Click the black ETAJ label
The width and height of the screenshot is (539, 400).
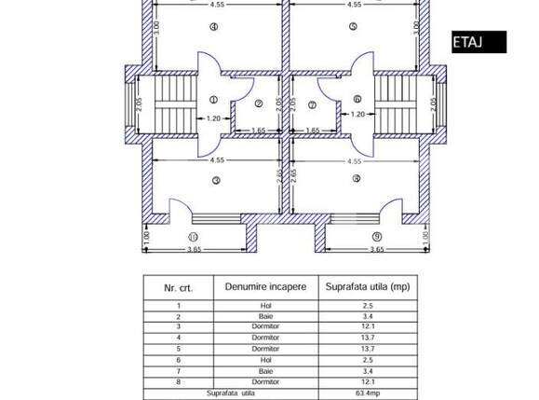[x=478, y=42]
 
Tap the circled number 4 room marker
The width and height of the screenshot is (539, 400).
[x=214, y=27]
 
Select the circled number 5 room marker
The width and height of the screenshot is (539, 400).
[x=354, y=27]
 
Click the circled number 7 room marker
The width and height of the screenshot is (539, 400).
[x=312, y=103]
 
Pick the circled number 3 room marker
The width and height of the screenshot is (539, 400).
[x=215, y=181]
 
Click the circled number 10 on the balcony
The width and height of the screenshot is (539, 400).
[x=193, y=237]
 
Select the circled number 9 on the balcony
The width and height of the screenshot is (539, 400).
[x=377, y=237]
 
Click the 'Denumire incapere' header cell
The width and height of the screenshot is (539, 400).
[x=265, y=287]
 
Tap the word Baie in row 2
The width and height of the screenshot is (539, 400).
[x=265, y=316]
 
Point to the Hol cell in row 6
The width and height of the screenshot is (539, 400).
[x=265, y=360]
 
